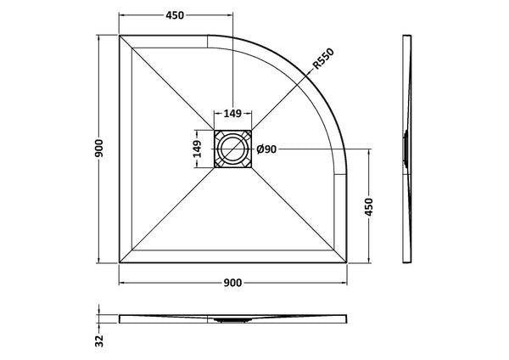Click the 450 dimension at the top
click(175, 16)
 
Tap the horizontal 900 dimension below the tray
click(233, 284)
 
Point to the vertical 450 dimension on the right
click(369, 206)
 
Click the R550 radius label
click(322, 59)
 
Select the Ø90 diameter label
click(266, 149)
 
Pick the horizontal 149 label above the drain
click(232, 113)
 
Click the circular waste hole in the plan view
click(232, 150)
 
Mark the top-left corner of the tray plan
click(120, 36)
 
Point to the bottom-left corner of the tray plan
click(120, 263)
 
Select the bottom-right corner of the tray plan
click(347, 263)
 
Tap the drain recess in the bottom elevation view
click(232, 320)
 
